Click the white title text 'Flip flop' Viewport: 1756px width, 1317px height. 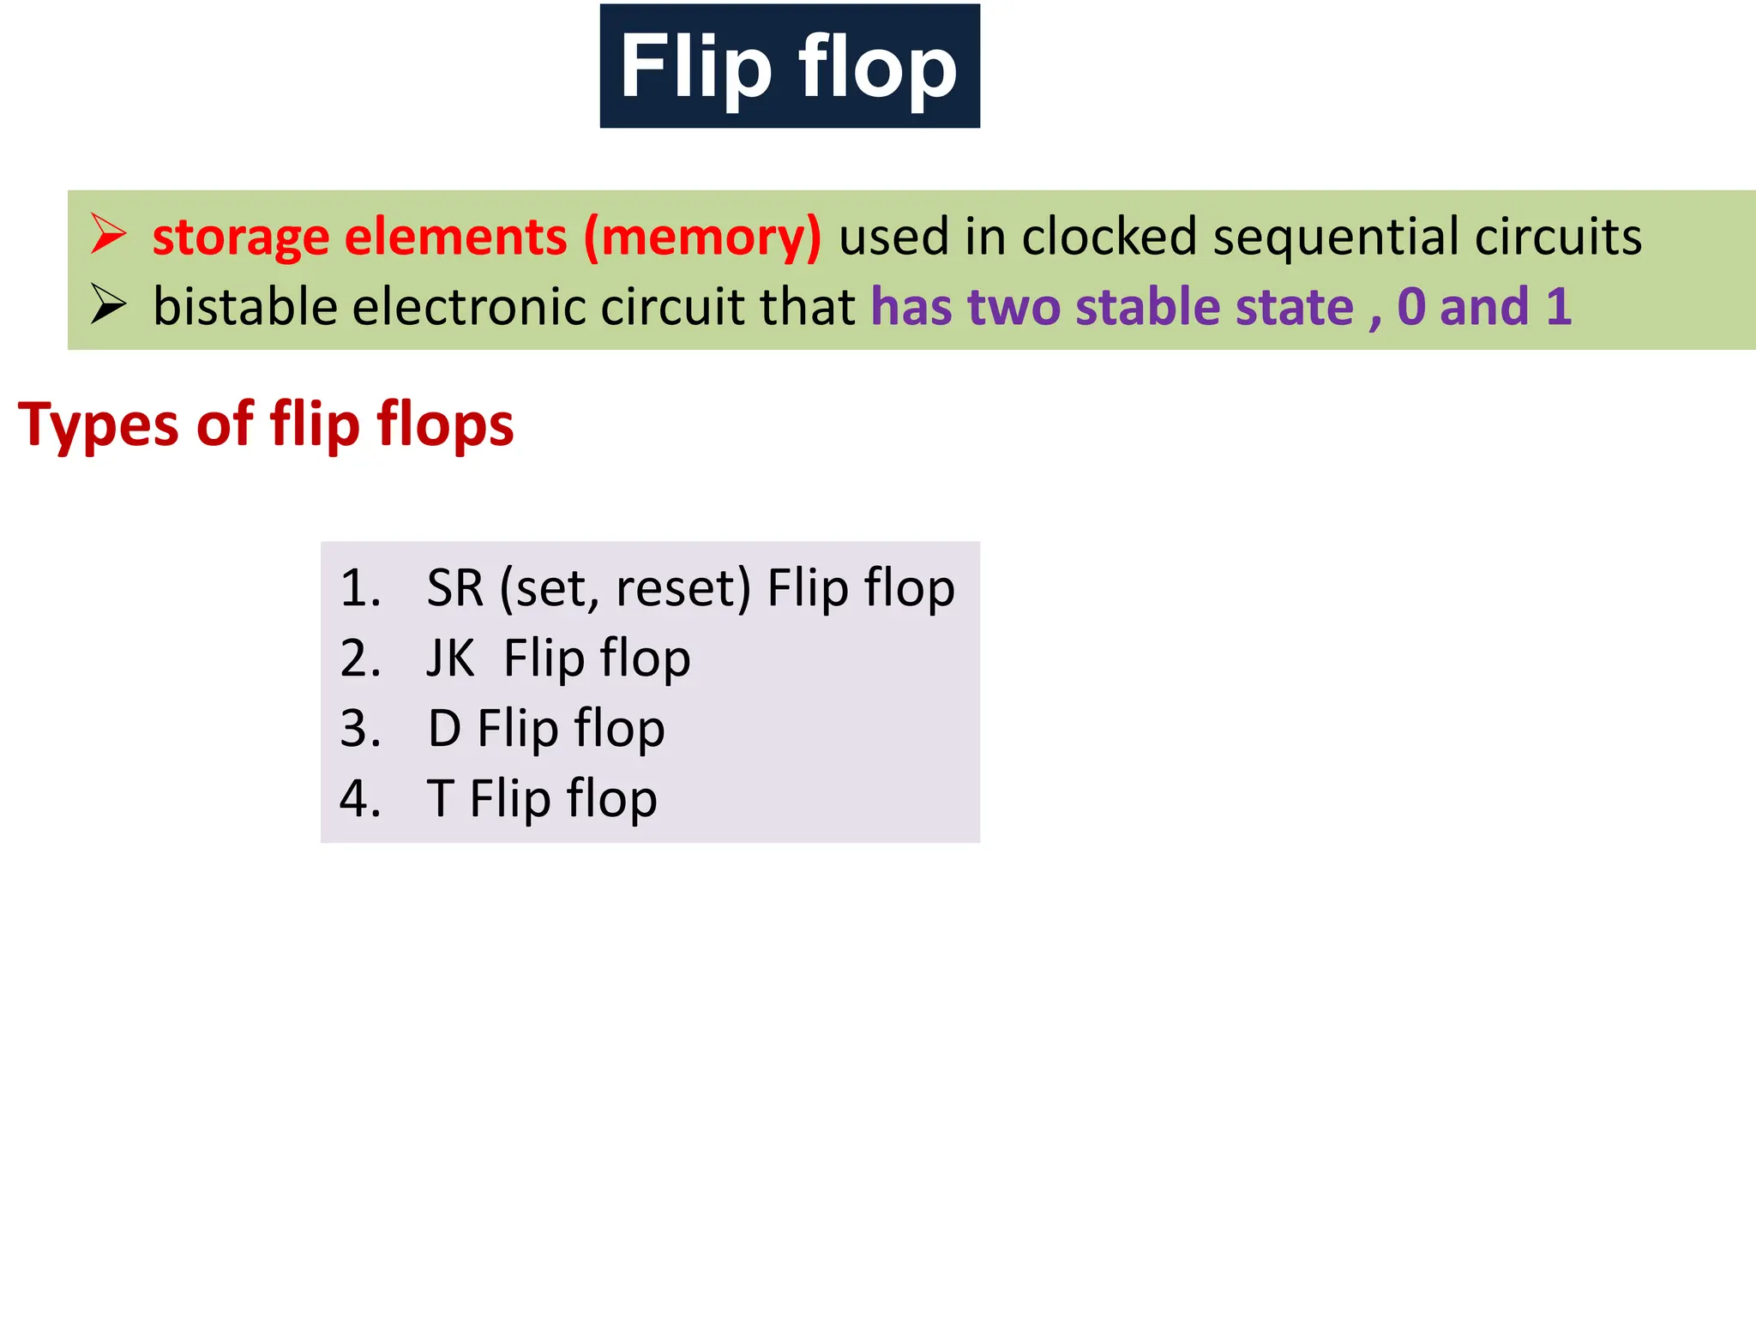[789, 67]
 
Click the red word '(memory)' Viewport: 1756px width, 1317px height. [702, 238]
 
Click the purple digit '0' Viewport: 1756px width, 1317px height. [1411, 307]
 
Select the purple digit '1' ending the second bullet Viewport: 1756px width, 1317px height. [1558, 307]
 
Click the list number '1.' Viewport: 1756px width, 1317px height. [360, 588]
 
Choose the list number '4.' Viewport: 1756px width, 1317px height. [360, 799]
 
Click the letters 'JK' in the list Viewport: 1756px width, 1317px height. [450, 658]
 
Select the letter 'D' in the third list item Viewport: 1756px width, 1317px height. [444, 729]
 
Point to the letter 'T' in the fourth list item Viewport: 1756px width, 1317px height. [440, 799]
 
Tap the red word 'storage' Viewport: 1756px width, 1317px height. [241, 238]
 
